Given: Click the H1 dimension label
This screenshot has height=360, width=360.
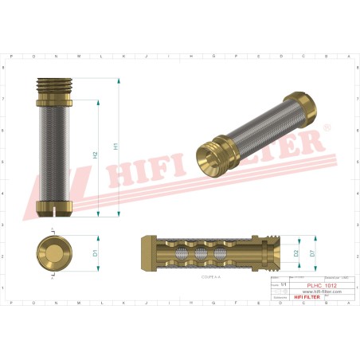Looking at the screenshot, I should (116, 147).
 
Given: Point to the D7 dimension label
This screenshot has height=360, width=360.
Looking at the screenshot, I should (313, 252).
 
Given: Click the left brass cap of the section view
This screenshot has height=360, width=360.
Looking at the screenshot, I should (147, 252).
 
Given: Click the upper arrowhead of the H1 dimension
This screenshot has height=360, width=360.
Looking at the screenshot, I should (118, 81).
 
